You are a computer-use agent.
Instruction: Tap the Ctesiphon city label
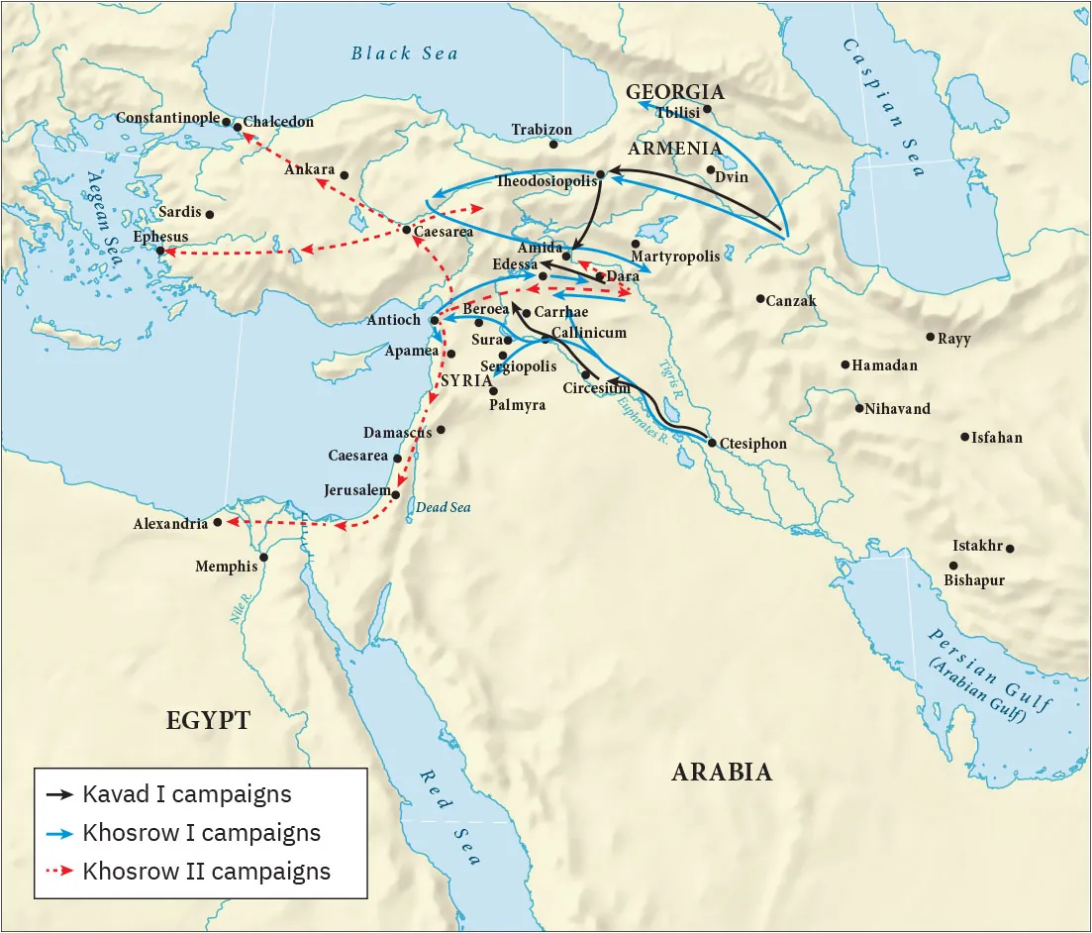tap(752, 444)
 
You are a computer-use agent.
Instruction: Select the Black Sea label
tap(405, 53)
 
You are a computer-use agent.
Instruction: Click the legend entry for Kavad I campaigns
tap(186, 794)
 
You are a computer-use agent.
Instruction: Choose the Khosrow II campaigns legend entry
tap(206, 872)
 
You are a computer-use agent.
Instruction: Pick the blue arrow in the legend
tap(59, 833)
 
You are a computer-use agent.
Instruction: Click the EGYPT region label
tap(208, 721)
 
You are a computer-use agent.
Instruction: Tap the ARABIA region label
tap(722, 773)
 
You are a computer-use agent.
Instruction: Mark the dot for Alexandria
tap(218, 522)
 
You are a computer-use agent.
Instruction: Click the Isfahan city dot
tap(964, 437)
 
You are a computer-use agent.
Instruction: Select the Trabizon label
tap(542, 130)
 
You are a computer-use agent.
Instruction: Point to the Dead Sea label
tap(443, 508)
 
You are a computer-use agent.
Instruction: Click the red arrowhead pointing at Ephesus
tap(165, 252)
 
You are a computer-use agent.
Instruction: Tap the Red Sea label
tap(449, 817)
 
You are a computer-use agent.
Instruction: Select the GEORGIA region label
tap(675, 92)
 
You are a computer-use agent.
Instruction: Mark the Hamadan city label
tap(884, 365)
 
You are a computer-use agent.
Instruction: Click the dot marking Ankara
tap(345, 175)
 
